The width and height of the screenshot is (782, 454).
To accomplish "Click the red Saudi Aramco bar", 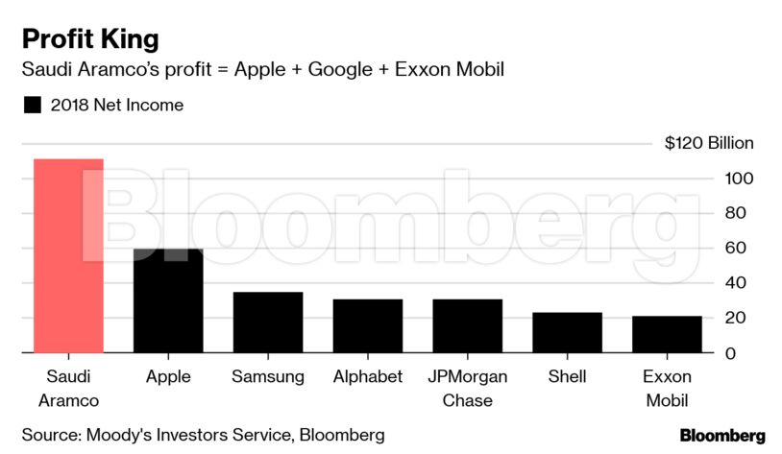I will tap(68, 255).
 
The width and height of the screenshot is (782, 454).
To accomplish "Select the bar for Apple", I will tap(168, 300).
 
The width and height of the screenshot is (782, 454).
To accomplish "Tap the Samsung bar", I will tap(268, 323).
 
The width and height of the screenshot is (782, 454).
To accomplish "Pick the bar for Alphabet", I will tap(368, 326).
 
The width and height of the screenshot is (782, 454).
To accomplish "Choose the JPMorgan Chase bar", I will tap(468, 326).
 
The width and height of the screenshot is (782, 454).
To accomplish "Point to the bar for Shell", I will tap(567, 332).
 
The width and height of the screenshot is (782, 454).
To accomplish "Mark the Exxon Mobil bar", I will tap(667, 334).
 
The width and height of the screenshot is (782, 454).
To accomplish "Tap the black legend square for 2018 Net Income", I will tap(33, 106).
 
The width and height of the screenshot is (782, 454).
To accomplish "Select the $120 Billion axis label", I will tap(709, 143).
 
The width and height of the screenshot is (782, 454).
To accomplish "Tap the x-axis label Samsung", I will tap(268, 376).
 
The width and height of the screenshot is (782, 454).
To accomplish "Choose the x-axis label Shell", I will tap(567, 376).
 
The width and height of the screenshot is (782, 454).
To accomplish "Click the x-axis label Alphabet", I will tap(368, 376).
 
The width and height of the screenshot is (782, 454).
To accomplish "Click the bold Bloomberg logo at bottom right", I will tap(722, 435).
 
